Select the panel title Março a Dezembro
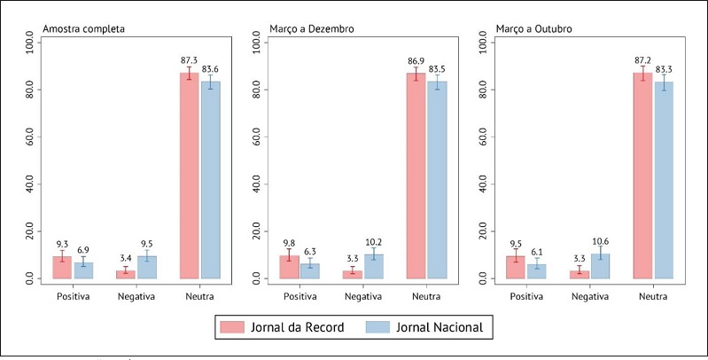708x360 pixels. tap(312, 29)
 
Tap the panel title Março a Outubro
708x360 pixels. tap(534, 29)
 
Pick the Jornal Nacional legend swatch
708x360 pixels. tap(378, 327)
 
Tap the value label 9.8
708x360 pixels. tap(288, 242)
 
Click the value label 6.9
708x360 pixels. tap(83, 251)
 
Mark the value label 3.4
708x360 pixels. tap(125, 259)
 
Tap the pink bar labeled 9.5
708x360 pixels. tap(515, 267)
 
